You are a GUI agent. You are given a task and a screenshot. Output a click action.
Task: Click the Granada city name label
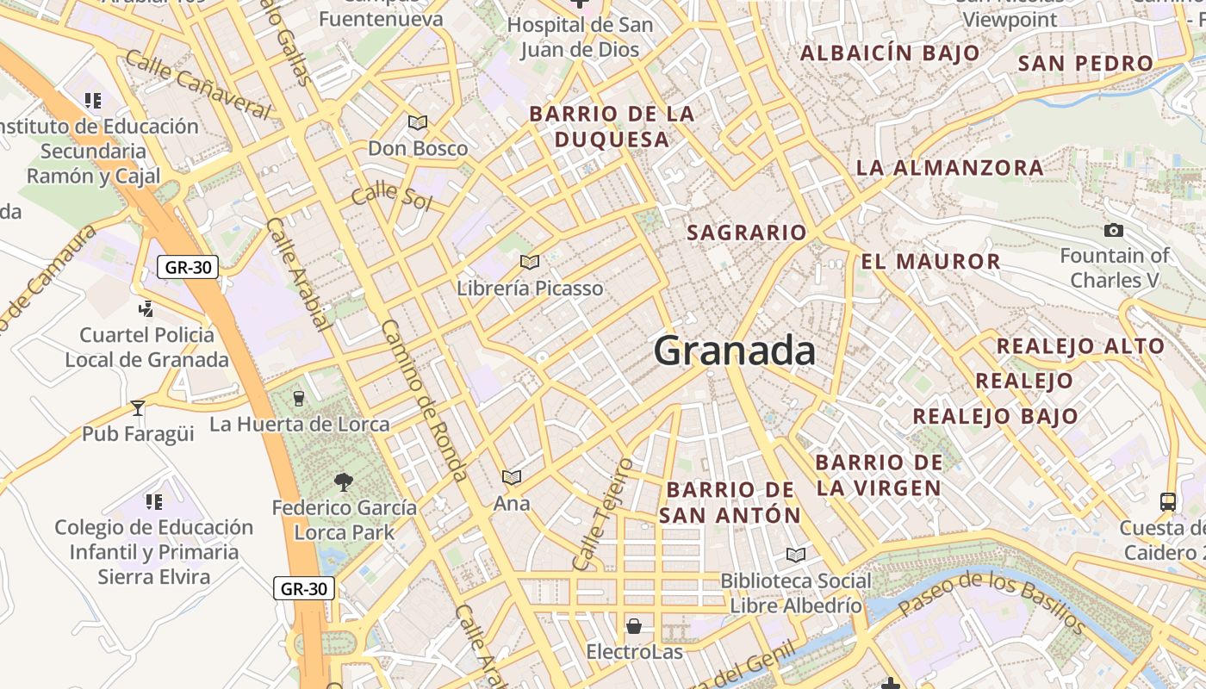tap(735, 351)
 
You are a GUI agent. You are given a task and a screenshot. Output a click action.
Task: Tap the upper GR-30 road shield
tap(188, 267)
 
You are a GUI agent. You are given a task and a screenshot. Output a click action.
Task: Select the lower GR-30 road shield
tap(305, 589)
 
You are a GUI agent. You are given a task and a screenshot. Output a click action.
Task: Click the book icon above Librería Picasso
tap(530, 262)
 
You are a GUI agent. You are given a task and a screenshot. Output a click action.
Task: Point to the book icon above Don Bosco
tap(418, 123)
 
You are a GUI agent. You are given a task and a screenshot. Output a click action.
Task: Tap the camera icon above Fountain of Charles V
tap(1113, 231)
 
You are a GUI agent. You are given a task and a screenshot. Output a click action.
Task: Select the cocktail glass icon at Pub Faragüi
tap(138, 408)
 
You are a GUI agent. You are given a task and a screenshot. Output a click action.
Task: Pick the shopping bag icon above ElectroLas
tap(634, 626)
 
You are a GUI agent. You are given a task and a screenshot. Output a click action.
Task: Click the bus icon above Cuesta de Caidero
tap(1168, 501)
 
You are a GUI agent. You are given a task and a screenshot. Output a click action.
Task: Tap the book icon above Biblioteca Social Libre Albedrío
tap(796, 556)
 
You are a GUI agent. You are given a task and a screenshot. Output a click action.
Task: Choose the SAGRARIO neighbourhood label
tap(746, 233)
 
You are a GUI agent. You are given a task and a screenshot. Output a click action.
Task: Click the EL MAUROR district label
tap(930, 262)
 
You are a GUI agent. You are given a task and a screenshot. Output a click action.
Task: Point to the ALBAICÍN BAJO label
tap(890, 53)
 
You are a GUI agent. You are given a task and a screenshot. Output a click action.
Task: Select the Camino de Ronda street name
tap(424, 400)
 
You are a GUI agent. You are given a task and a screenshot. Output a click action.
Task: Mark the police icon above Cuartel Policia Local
tap(146, 308)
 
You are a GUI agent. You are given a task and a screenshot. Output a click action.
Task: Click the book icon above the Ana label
tap(512, 477)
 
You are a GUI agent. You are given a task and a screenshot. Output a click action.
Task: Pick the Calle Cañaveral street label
tap(198, 84)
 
